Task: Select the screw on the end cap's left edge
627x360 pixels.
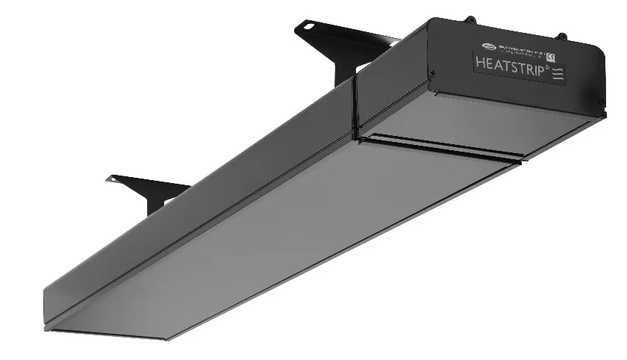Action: point(432,72)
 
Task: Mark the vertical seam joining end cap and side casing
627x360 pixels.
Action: point(355,105)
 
